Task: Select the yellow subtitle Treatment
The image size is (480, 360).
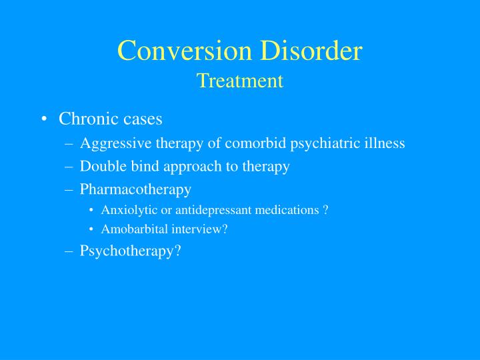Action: (240, 81)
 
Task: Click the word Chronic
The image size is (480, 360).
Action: (83, 119)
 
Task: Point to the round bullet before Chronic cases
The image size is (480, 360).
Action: (43, 120)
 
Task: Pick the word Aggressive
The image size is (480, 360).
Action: (113, 144)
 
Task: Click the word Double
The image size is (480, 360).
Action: (101, 167)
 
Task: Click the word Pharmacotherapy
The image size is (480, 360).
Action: (135, 189)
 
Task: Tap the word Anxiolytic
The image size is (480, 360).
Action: (127, 210)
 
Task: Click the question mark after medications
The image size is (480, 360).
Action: (325, 210)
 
